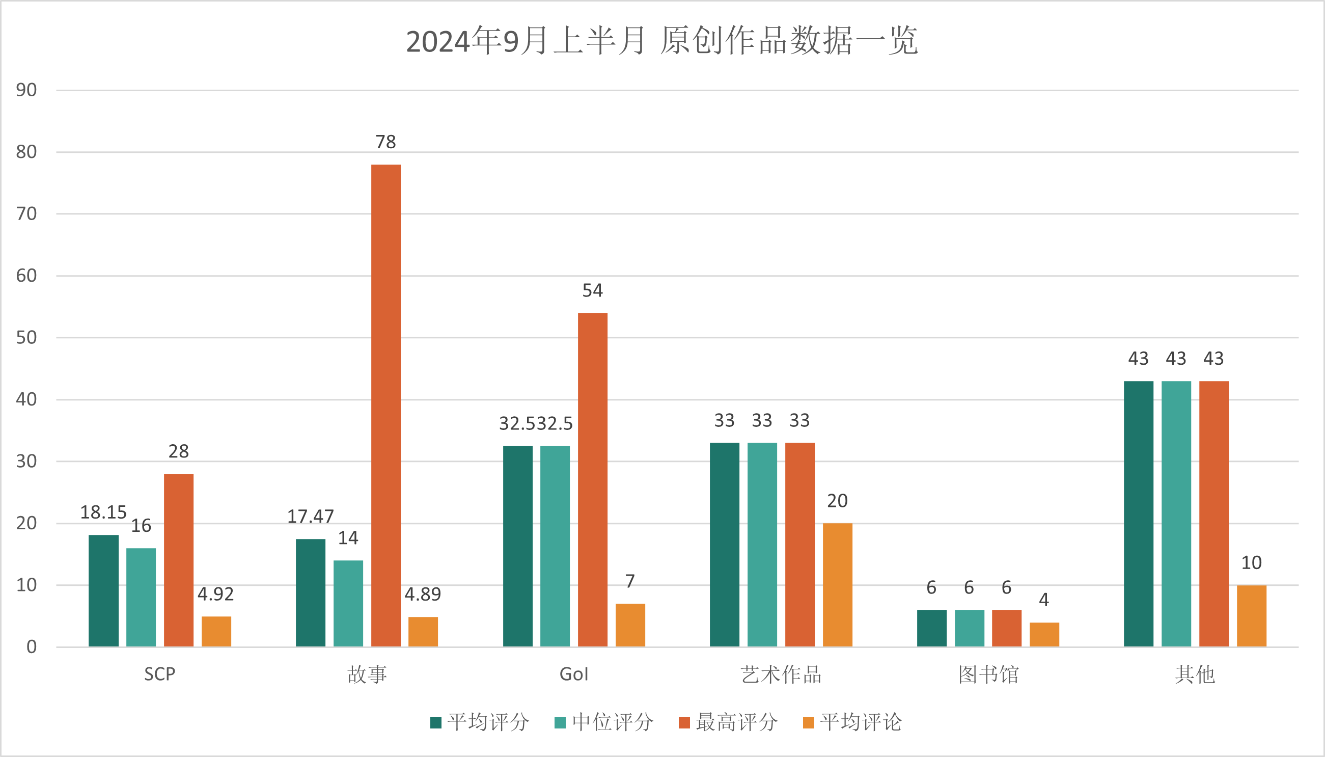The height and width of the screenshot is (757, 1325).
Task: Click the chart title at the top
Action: pos(661,41)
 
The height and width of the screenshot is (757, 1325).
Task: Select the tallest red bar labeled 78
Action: pos(385,405)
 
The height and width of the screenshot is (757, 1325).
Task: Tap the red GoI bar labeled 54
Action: pos(592,479)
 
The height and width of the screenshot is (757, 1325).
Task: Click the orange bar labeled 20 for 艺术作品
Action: pos(837,584)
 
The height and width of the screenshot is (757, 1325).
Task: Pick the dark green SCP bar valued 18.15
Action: pos(103,590)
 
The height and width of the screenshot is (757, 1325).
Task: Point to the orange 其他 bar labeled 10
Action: pos(1251,615)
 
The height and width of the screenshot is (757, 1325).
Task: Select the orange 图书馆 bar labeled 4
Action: pos(1044,634)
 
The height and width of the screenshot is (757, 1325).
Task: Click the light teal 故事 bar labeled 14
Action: pos(348,603)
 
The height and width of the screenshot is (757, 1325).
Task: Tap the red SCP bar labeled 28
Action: pos(178,560)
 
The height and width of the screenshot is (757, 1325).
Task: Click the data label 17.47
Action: pos(310,516)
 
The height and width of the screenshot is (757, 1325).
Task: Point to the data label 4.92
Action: pos(215,594)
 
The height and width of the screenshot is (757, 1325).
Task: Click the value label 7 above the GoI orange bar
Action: pos(630,581)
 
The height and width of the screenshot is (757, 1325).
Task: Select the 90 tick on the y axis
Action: pos(26,90)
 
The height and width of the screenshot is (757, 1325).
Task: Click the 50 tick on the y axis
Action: pos(26,337)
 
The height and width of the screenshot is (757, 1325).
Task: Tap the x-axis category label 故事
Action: pos(367,674)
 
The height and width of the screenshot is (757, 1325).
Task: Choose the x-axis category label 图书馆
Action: pos(988,674)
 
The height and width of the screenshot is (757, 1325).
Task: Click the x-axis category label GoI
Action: pos(574,674)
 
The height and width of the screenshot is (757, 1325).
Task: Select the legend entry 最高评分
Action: pos(729,722)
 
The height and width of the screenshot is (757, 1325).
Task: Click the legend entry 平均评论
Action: pos(852,722)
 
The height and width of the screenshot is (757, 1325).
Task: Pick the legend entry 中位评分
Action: pos(604,722)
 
